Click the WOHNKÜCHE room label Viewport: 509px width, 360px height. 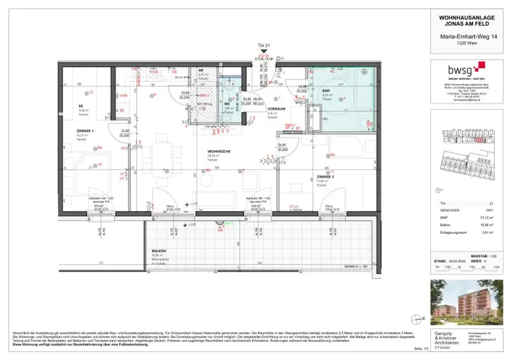pyautogui.click(x=219, y=151)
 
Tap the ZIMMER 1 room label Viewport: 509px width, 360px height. pyautogui.click(x=85, y=130)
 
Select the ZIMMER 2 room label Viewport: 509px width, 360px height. pyautogui.click(x=326, y=177)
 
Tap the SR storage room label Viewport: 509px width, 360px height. pyautogui.click(x=80, y=105)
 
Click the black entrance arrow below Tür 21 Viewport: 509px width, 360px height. pyautogui.click(x=268, y=51)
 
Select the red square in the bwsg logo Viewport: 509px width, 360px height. pyautogui.click(x=480, y=66)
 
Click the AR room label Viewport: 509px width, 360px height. pyautogui.click(x=201, y=70)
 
